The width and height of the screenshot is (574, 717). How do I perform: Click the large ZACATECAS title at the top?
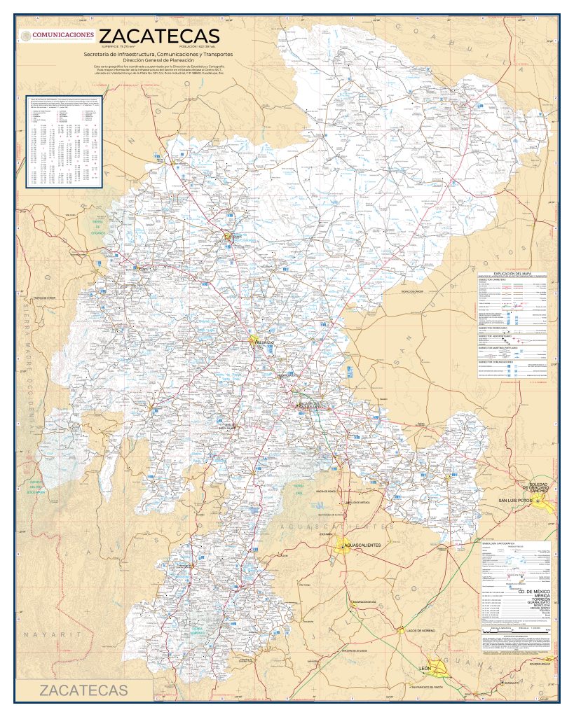click(x=160, y=36)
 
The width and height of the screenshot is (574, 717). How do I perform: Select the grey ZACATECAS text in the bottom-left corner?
click(x=83, y=690)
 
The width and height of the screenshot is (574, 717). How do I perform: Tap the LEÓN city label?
click(x=424, y=669)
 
